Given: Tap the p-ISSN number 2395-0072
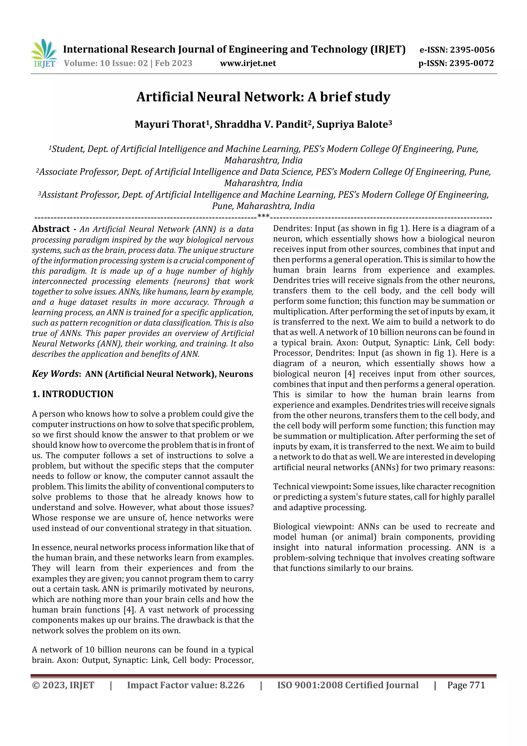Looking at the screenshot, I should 471,63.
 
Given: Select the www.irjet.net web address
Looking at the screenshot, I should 248,63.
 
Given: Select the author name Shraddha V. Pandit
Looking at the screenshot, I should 261,124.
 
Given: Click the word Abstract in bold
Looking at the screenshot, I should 51,229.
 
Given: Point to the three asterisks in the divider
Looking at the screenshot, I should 263,216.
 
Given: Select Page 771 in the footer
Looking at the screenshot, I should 466,685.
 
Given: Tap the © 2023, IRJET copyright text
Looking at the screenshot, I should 63,685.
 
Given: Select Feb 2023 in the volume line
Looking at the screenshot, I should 173,63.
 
